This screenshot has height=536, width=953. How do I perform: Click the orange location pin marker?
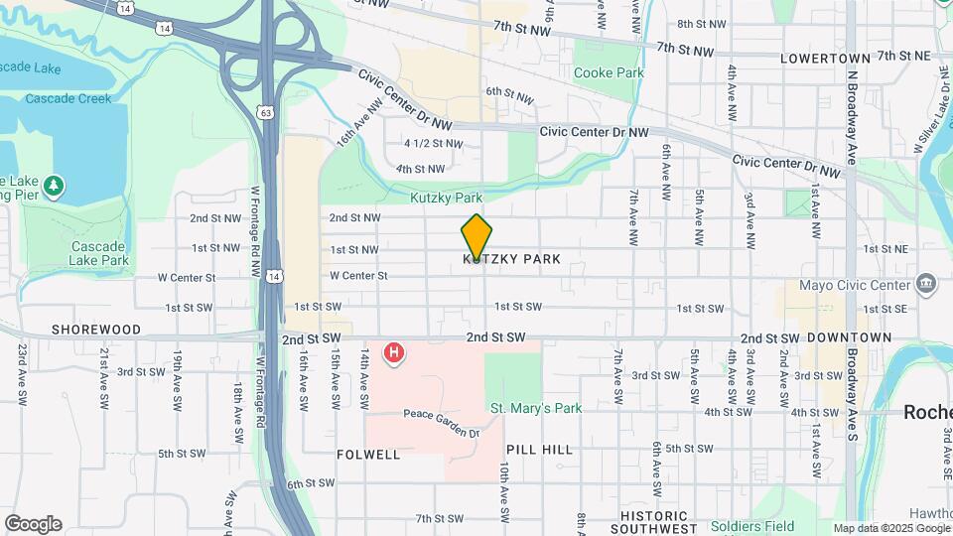click(x=476, y=236)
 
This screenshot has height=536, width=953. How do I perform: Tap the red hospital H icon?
click(x=395, y=351)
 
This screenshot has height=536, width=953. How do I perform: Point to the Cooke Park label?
click(x=609, y=72)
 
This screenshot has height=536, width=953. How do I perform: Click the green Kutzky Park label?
click(x=446, y=198)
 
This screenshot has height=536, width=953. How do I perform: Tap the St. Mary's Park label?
click(x=536, y=408)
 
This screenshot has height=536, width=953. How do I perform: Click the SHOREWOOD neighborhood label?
click(x=96, y=329)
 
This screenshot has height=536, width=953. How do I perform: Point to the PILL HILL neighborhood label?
click(x=539, y=450)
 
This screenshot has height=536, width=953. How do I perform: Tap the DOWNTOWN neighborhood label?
click(x=849, y=337)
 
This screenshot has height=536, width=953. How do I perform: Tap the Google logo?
click(x=33, y=523)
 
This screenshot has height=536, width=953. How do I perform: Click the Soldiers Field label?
click(x=752, y=525)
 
